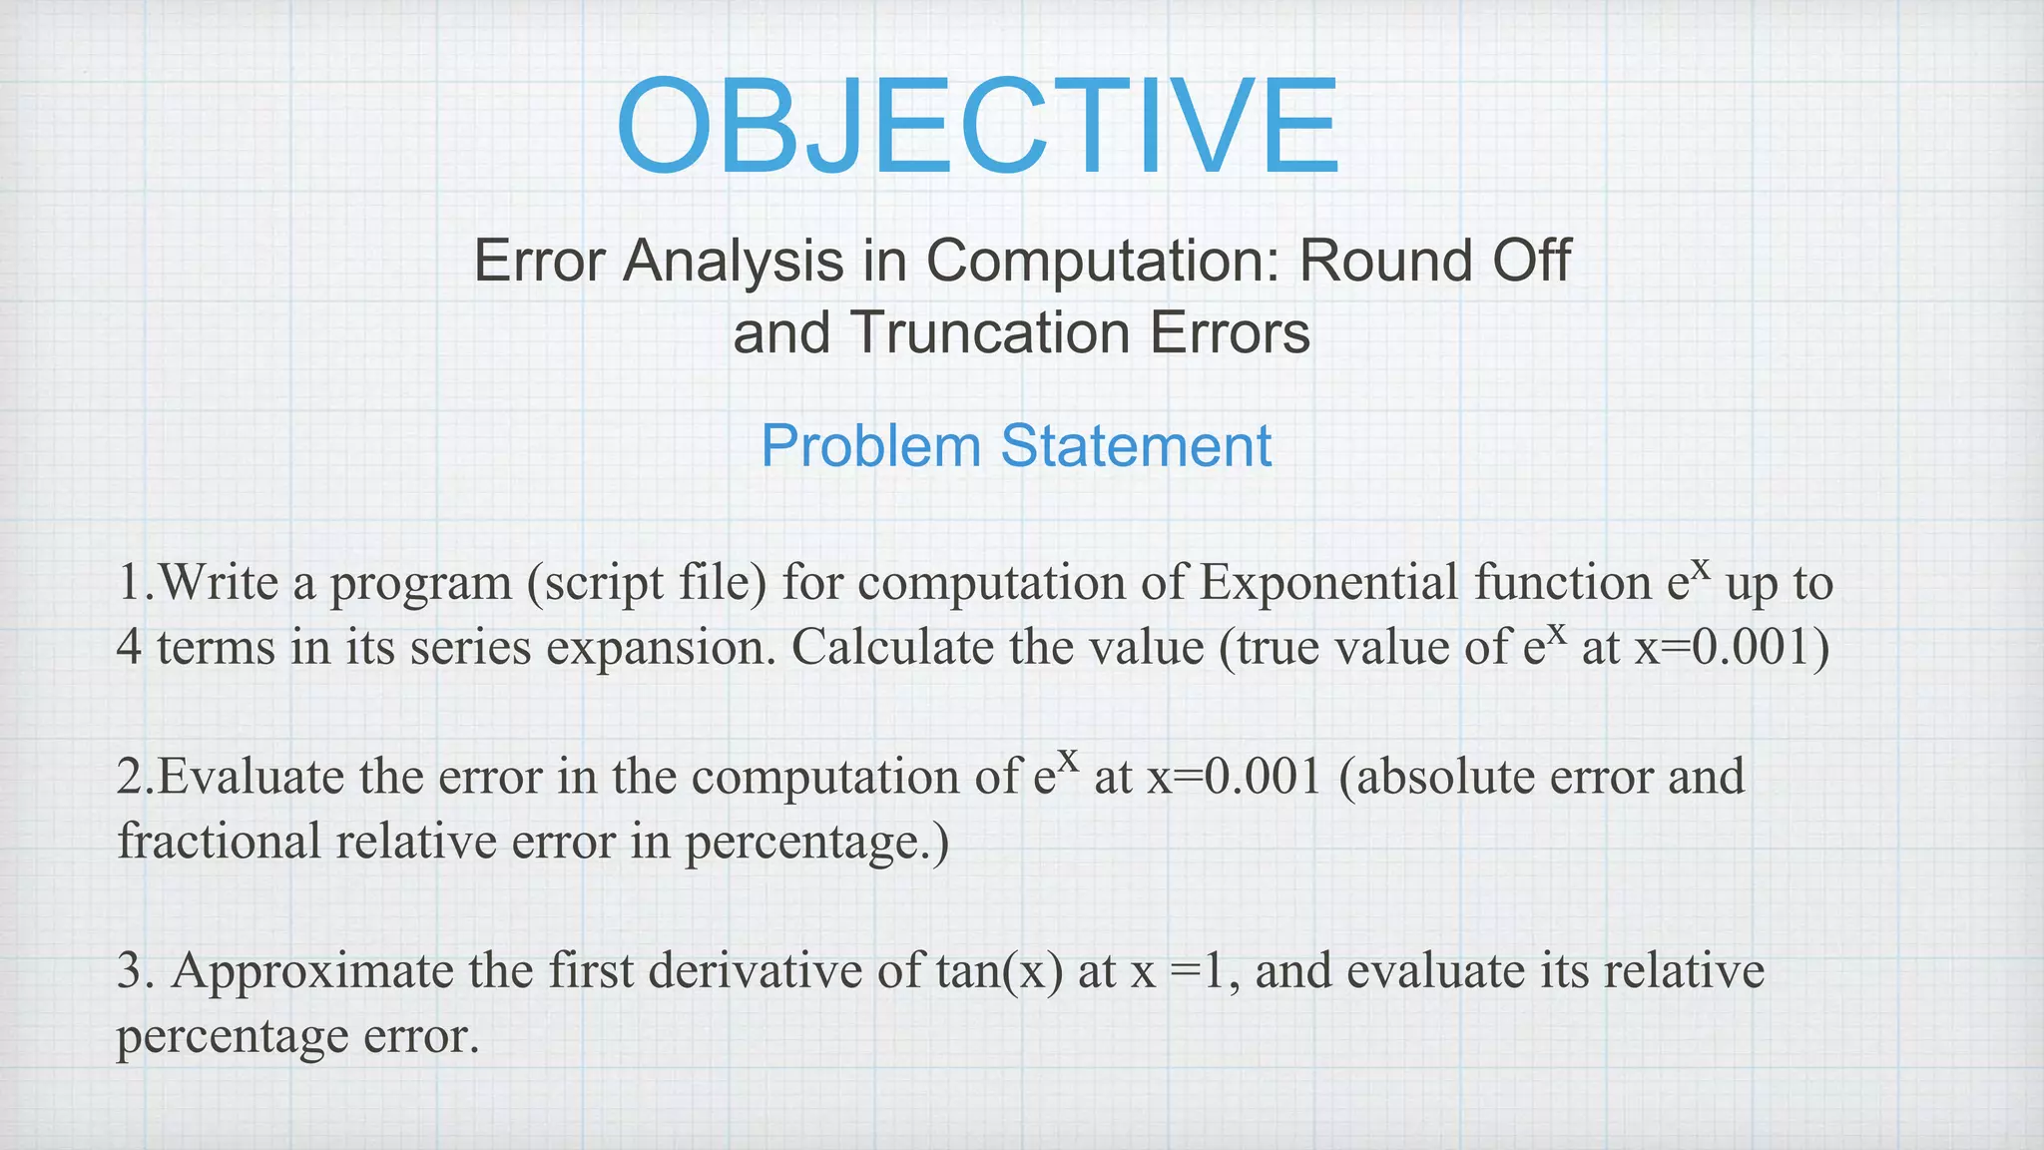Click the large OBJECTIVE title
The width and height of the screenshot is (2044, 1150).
(978, 128)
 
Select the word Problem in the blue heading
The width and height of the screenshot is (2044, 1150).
(871, 445)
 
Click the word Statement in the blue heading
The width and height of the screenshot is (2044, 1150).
(1137, 445)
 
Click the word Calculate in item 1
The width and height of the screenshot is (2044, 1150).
(893, 647)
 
